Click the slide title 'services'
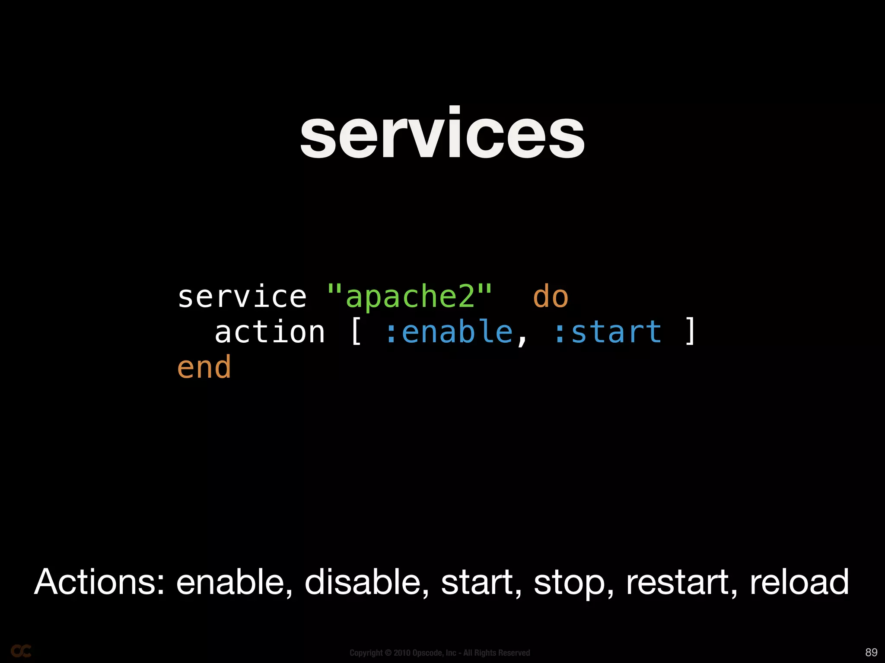[442, 134]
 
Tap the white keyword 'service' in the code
[242, 297]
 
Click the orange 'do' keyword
[551, 297]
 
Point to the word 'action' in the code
[270, 332]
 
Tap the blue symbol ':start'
[607, 332]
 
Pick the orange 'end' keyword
[204, 368]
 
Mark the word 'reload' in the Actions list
[799, 582]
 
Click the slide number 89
[871, 652]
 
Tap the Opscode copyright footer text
[439, 653]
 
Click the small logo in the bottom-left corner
[21, 651]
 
